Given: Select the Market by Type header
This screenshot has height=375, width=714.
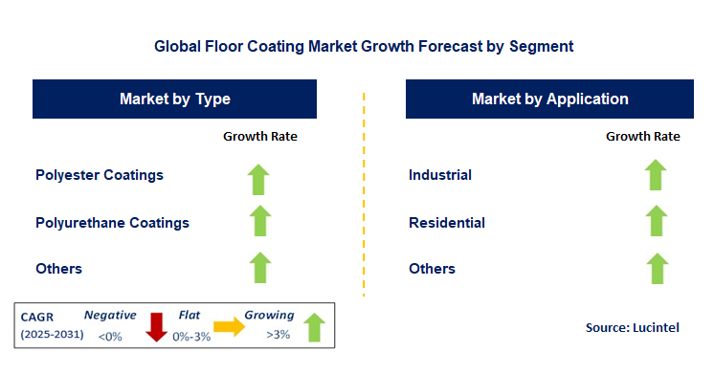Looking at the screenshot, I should tap(175, 99).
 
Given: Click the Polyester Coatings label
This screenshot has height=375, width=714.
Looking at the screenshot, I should tap(100, 175).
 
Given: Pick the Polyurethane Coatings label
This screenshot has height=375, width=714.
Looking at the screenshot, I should tap(112, 223).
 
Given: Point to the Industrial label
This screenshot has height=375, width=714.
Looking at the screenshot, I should tap(440, 175).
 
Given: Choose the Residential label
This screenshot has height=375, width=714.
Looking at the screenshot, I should tap(447, 223).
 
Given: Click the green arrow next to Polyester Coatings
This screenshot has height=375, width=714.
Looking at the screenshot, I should tap(259, 178).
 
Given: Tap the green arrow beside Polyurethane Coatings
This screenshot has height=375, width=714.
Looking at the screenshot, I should tap(259, 221).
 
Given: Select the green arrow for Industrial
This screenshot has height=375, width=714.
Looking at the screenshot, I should tap(655, 176).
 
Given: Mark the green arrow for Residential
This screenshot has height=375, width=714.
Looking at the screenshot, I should tap(655, 221).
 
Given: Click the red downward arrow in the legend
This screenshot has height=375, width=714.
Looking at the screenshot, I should tap(156, 328).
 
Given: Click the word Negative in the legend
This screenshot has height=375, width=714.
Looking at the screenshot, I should tap(110, 314).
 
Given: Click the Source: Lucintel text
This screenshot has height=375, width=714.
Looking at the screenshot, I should tap(633, 328).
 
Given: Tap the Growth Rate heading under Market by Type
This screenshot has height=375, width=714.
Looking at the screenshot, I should tap(260, 136).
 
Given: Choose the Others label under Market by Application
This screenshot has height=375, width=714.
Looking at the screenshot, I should tap(432, 269).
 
